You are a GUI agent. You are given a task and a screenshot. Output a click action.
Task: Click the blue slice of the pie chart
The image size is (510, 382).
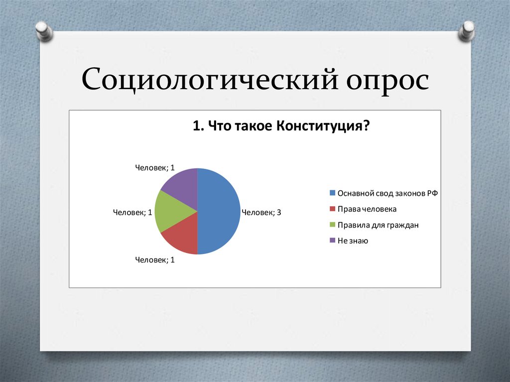219,211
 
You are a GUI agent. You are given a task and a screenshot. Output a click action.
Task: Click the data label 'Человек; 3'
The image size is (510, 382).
261,213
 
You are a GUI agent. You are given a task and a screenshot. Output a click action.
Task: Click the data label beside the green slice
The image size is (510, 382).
132,213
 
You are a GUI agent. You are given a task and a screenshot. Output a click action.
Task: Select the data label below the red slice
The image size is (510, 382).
155,259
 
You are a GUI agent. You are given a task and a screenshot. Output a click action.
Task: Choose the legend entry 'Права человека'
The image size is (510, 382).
367,209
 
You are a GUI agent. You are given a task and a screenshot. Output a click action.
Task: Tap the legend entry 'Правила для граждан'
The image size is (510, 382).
378,225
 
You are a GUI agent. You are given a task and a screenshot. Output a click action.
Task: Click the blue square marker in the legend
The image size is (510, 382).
333,193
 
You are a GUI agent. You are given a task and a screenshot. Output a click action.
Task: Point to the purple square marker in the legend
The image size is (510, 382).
333,241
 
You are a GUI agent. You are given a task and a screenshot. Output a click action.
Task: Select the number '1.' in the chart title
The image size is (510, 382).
198,126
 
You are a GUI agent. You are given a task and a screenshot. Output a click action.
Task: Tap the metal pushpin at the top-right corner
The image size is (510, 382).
468,30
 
